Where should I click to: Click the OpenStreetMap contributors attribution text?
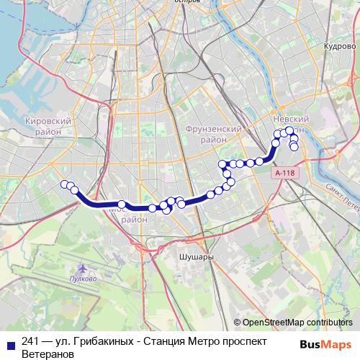(x=297, y=323)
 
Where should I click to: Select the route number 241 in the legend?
(x=30, y=341)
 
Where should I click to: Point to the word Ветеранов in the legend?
(x=48, y=354)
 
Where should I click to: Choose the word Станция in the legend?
(x=163, y=341)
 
